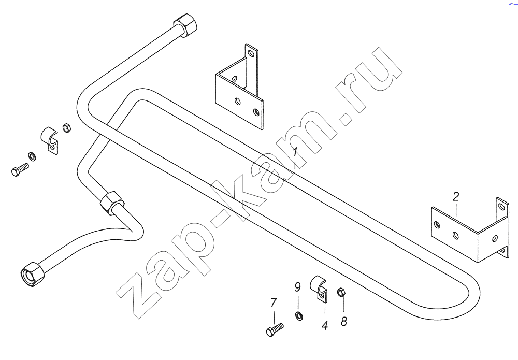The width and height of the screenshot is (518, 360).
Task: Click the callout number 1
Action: [295, 153]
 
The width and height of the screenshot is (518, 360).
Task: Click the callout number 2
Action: [456, 197]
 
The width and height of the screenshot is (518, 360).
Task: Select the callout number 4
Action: [325, 326]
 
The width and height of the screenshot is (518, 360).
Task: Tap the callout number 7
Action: [273, 303]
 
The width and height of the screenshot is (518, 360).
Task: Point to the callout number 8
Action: [344, 321]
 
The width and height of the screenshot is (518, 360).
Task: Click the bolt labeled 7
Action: [275, 329]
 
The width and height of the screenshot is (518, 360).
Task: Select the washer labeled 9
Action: [299, 315]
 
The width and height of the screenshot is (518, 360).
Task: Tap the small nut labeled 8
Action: [341, 292]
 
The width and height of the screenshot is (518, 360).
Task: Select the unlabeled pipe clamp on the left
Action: [50, 140]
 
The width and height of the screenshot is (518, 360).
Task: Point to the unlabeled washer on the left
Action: [32, 156]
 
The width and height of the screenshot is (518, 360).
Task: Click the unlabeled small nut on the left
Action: [67, 127]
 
